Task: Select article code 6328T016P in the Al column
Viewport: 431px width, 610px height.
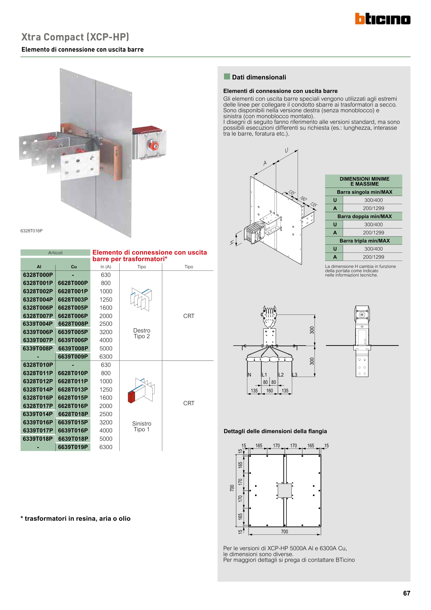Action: [x=38, y=398]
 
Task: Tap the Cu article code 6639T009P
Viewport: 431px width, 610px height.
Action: [x=73, y=356]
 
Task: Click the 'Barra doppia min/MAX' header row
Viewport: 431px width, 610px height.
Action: [x=364, y=217]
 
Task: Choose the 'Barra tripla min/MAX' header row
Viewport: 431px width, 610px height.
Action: [x=364, y=241]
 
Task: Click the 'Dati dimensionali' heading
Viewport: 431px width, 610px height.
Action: [x=259, y=77]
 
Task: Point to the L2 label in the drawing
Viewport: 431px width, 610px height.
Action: [x=281, y=375]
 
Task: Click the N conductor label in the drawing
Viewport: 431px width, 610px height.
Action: [x=249, y=375]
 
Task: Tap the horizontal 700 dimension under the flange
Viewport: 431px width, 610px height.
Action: [x=284, y=532]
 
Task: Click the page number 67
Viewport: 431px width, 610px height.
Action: [x=406, y=593]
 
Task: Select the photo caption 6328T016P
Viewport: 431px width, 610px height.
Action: [x=31, y=231]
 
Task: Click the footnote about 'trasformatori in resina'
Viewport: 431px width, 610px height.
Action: [x=75, y=519]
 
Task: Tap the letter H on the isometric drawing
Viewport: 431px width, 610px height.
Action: [x=232, y=242]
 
